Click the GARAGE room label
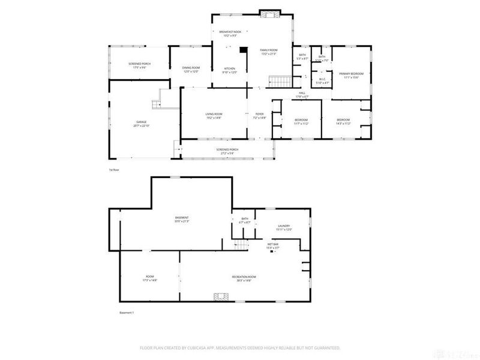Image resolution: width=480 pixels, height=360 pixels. (x=142, y=122)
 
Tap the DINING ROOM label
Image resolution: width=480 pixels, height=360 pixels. (x=190, y=67)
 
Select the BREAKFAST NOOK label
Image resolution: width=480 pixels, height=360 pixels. (x=229, y=31)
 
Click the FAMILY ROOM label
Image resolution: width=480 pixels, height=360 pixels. (x=268, y=50)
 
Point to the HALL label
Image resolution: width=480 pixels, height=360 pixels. (x=303, y=93)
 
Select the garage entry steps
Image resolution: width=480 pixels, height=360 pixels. (x=158, y=103)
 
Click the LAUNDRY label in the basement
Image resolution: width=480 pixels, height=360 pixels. (x=284, y=226)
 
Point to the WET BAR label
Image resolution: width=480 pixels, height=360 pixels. (x=272, y=244)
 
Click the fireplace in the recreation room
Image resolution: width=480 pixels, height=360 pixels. (x=222, y=296)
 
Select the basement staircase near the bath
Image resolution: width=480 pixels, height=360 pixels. (x=241, y=244)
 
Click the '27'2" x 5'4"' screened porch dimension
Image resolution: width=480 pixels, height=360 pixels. (x=227, y=153)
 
